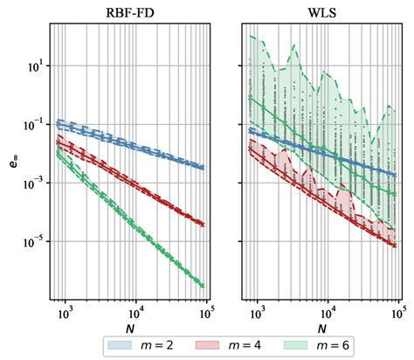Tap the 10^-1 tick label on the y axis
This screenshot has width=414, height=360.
pos(33,125)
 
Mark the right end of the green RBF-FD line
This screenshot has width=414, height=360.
pos(204,285)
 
